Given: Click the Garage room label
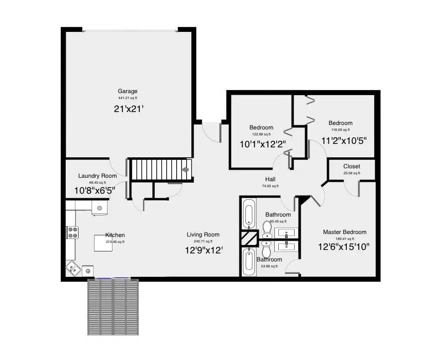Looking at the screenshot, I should pos(127,91).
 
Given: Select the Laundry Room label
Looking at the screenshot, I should pos(98,176).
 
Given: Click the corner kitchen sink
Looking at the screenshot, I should pos(73,268).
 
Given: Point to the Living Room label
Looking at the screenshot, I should pos(203,235).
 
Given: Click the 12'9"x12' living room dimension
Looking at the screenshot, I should pos(203,250).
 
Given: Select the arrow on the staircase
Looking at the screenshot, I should pos(185,170).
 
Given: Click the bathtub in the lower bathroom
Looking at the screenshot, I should pos(248,261).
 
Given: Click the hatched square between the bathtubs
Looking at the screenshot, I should pos(248,238).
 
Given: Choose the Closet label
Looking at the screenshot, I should pos(351,166).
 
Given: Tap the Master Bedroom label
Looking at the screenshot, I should pos(344,232).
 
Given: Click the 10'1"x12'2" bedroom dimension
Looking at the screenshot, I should pos(262,144).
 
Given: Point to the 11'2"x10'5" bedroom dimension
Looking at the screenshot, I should pos(344,140).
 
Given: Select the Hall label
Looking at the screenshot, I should pos(270,179).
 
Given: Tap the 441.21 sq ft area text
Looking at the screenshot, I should pos(127,99).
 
